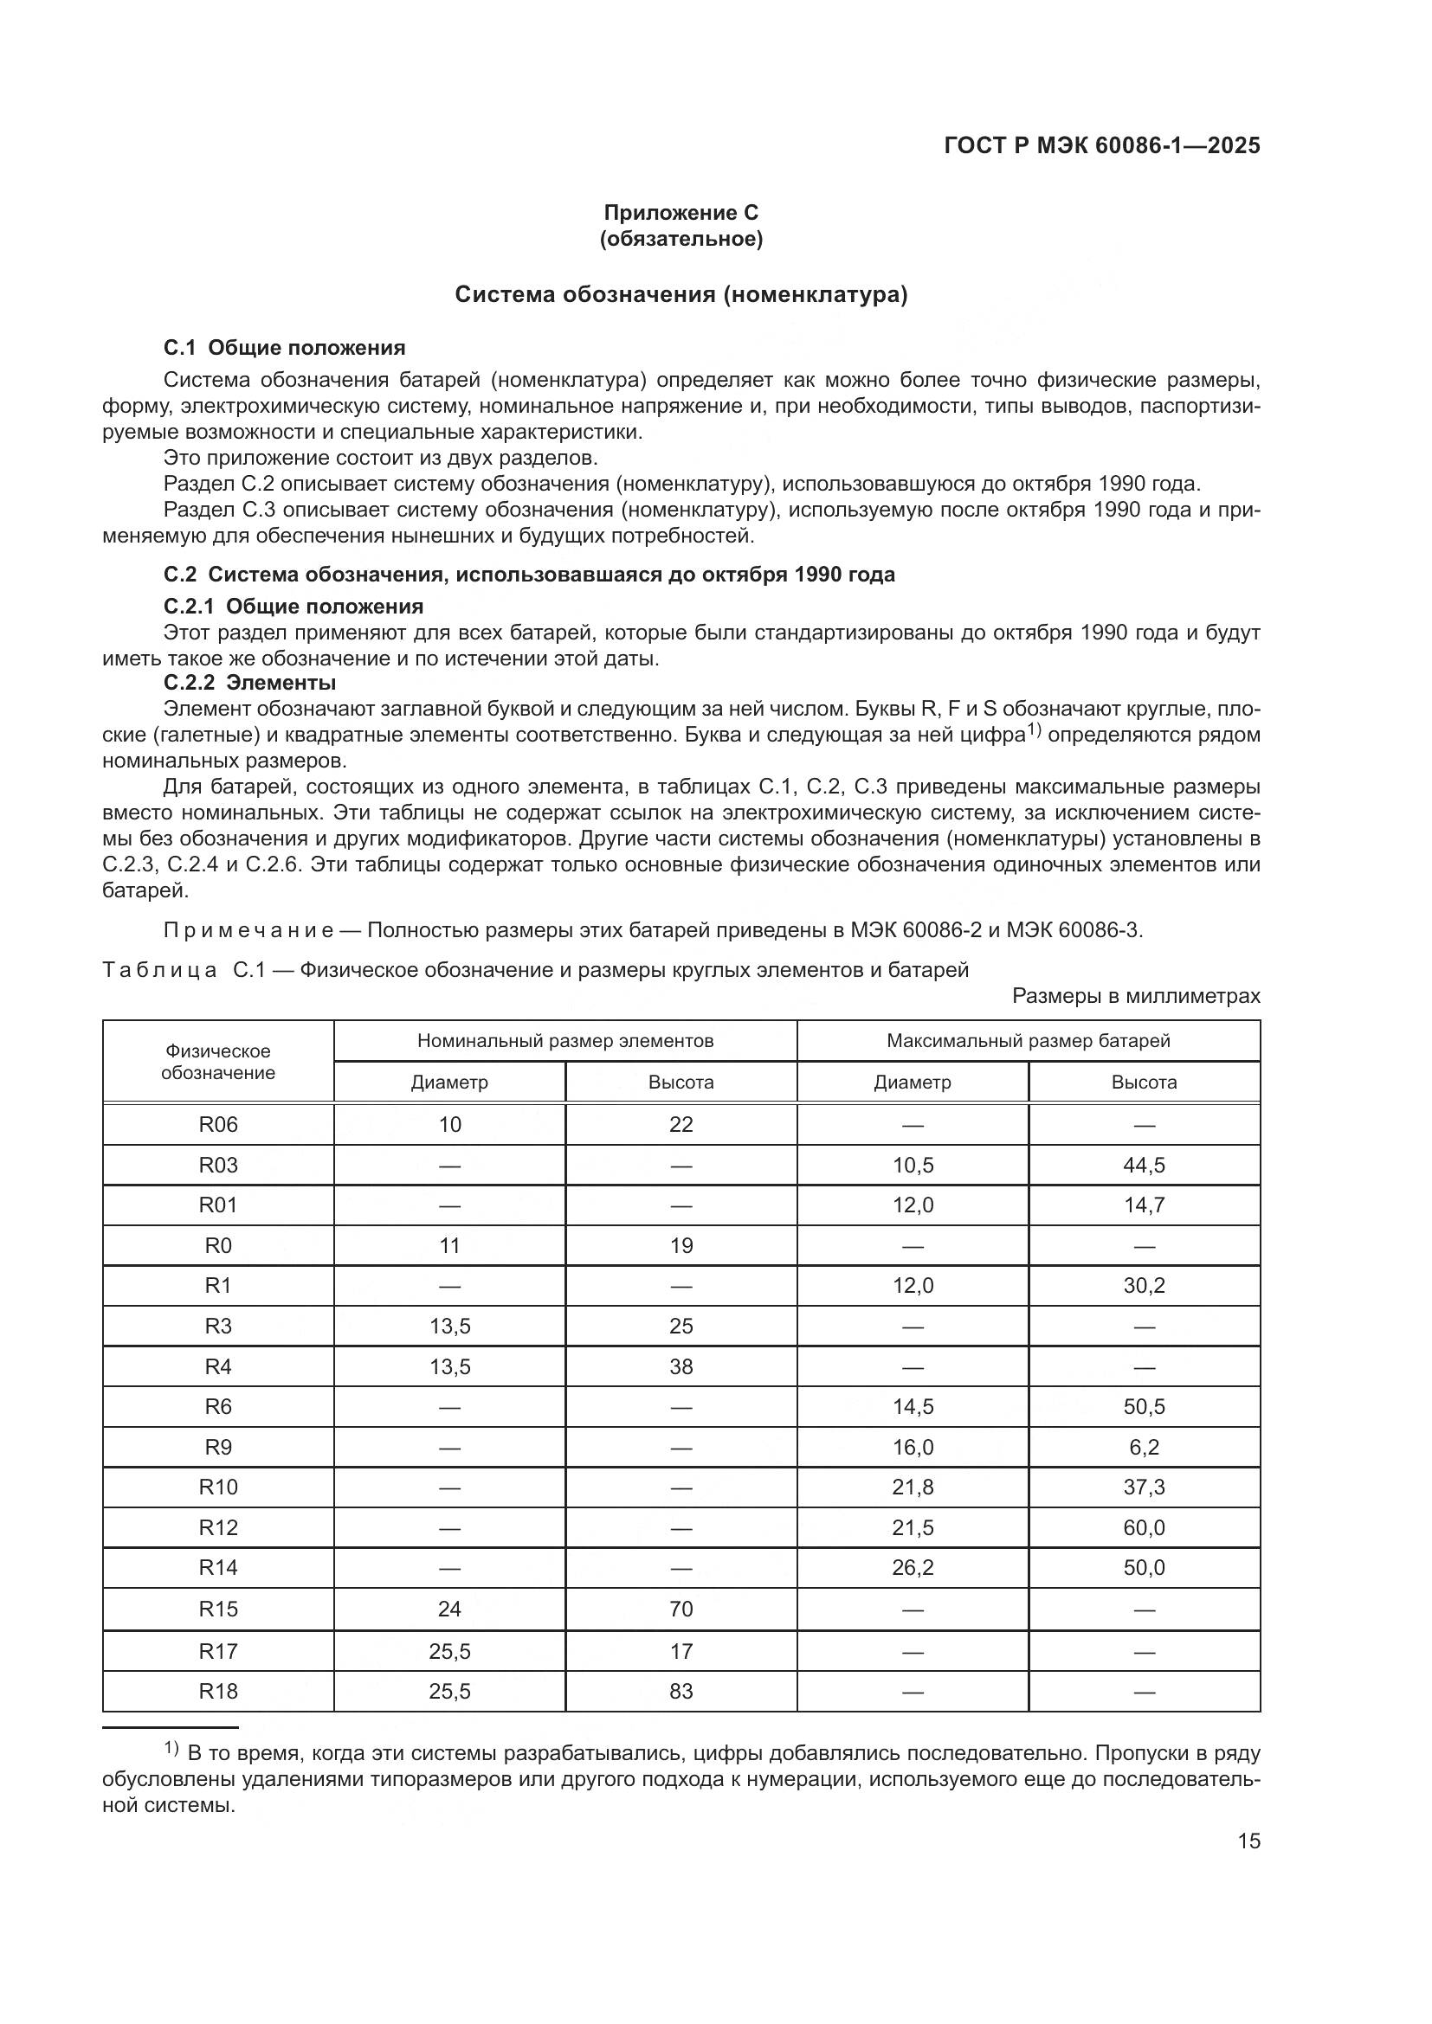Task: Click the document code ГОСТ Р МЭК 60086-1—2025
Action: pyautogui.click(x=1101, y=146)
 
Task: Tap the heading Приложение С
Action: pyautogui.click(x=681, y=213)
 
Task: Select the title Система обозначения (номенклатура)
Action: pyautogui.click(x=681, y=294)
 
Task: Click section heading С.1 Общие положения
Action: pyautogui.click(x=284, y=347)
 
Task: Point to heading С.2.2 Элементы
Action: pyautogui.click(x=249, y=682)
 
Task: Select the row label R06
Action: pyautogui.click(x=218, y=1124)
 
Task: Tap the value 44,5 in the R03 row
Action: pyautogui.click(x=1144, y=1166)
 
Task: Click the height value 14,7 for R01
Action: pyautogui.click(x=1144, y=1205)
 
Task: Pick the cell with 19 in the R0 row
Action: pyautogui.click(x=681, y=1245)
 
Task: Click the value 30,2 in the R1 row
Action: pyautogui.click(x=1144, y=1285)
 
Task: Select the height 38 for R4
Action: pyautogui.click(x=681, y=1366)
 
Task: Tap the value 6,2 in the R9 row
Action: pyautogui.click(x=1144, y=1447)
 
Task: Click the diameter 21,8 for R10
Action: pyautogui.click(x=913, y=1487)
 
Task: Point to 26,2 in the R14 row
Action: pyautogui.click(x=913, y=1567)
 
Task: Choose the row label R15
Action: pyautogui.click(x=218, y=1609)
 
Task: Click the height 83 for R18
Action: pyautogui.click(x=681, y=1691)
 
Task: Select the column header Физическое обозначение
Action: pyautogui.click(x=218, y=1062)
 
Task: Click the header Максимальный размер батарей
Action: pyautogui.click(x=1029, y=1040)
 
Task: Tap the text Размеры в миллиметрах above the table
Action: pyautogui.click(x=1136, y=996)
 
